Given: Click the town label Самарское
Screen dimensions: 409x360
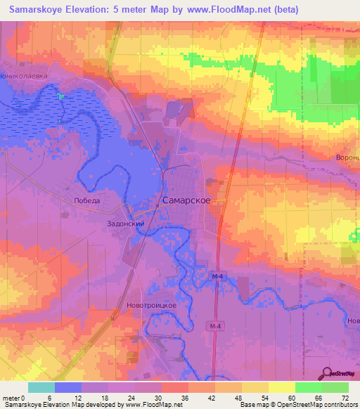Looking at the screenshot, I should (x=186, y=200).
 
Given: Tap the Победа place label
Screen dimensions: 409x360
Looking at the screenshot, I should (x=87, y=200).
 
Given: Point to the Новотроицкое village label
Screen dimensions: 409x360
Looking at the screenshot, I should (x=150, y=306).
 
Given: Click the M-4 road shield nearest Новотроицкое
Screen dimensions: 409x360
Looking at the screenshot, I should (x=214, y=326).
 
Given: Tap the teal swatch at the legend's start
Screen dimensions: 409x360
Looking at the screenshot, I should (x=41, y=387).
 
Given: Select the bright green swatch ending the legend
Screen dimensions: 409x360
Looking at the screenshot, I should (x=335, y=387).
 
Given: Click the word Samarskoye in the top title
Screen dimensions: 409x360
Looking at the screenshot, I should (x=41, y=9).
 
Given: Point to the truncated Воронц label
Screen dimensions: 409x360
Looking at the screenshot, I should (x=348, y=157).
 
